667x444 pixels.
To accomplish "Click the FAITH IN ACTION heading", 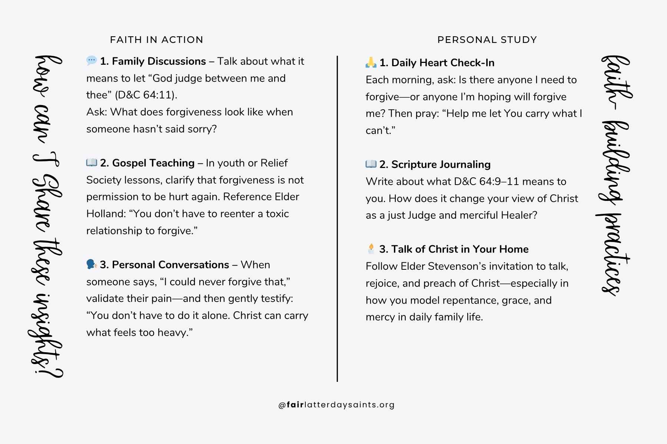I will pos(156,40).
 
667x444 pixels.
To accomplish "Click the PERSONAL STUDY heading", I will pos(487,40).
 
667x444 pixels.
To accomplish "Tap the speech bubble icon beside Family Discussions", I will pos(91,60).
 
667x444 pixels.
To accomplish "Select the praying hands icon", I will pos(371,62).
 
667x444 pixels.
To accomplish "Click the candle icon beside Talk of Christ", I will pos(371,249).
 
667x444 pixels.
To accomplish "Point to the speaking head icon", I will pos(91,264).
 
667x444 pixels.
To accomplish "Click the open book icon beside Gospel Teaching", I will pos(91,162).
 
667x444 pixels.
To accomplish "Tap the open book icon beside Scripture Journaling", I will pos(371,164).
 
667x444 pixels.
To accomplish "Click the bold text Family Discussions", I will pos(159,61).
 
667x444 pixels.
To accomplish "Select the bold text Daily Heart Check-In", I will pos(442,63).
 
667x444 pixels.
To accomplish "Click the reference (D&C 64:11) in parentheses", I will pos(146,95).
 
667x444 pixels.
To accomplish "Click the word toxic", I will pos(277,213).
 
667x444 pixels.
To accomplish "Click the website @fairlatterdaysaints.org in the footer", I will pos(336,405).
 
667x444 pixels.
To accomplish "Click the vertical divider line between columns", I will pos(337,218).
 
